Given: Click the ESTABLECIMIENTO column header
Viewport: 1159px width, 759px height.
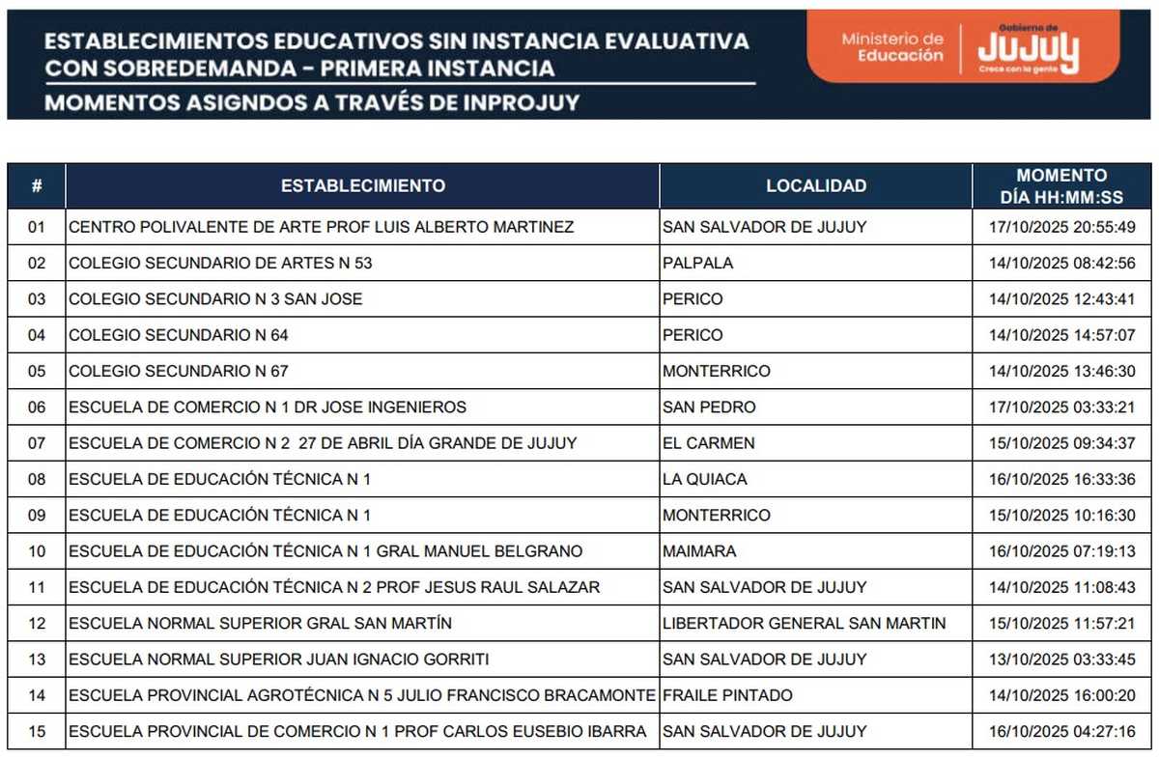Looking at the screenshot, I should tap(362, 185).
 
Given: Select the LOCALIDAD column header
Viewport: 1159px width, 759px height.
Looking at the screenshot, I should tap(816, 185).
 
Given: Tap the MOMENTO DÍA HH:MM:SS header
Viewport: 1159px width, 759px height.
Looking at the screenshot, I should tap(1061, 186).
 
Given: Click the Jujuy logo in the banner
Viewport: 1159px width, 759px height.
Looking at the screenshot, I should tap(1028, 50).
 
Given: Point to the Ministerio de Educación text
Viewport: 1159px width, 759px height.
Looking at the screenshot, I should tap(891, 47).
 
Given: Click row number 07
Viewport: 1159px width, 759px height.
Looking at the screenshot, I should tap(37, 443).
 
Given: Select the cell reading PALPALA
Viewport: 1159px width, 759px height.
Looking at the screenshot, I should tap(697, 263).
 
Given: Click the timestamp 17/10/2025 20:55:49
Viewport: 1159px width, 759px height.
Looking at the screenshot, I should tap(1061, 227).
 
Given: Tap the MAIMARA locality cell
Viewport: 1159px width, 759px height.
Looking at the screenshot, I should tap(699, 551).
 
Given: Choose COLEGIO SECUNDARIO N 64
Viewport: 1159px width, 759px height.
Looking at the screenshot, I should tap(179, 335).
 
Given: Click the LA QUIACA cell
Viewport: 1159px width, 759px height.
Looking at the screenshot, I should tap(704, 479).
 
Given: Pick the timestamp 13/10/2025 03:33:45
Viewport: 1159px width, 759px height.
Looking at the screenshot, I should tap(1061, 660).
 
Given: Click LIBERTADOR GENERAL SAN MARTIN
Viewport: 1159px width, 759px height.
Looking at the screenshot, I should tap(804, 624).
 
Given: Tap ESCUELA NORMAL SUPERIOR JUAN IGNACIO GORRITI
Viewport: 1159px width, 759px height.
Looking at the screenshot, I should tap(279, 660).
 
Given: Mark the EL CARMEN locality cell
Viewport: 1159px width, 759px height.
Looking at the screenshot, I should tap(708, 443).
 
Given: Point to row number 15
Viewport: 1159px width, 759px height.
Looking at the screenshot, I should tap(37, 731).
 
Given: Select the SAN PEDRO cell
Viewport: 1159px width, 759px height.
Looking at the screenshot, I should tap(708, 408).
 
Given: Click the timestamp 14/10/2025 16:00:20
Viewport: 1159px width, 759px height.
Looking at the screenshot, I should tap(1061, 695).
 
